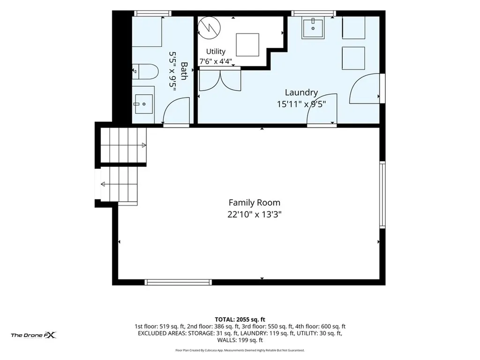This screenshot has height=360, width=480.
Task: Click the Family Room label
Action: [x=255, y=202]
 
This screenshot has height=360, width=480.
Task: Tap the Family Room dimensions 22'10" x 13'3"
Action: [x=255, y=214]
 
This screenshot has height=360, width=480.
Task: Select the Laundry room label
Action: [x=301, y=92]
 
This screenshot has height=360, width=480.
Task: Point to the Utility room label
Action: [x=216, y=52]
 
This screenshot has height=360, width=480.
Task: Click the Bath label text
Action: [x=184, y=71]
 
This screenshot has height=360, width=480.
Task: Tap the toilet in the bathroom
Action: [x=145, y=72]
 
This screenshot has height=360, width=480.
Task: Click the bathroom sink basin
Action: [x=143, y=104]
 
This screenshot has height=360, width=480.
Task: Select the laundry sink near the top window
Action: [x=313, y=29]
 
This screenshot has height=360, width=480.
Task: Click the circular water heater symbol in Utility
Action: [x=209, y=28]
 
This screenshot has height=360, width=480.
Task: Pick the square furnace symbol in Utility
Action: [x=247, y=45]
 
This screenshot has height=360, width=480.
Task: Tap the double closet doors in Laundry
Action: [x=220, y=81]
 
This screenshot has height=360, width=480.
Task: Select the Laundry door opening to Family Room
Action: [x=322, y=110]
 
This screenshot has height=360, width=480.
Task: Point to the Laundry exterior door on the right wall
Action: [x=366, y=88]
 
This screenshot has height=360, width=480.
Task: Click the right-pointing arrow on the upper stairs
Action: [x=144, y=145]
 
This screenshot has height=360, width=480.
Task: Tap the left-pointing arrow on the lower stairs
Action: [x=103, y=184]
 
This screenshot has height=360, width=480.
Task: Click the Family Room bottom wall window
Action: [x=178, y=282]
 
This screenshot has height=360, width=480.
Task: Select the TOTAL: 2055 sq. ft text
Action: [x=240, y=320]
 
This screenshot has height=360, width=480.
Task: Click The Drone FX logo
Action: [x=34, y=335]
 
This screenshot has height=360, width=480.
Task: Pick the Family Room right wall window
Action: [x=382, y=195]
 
